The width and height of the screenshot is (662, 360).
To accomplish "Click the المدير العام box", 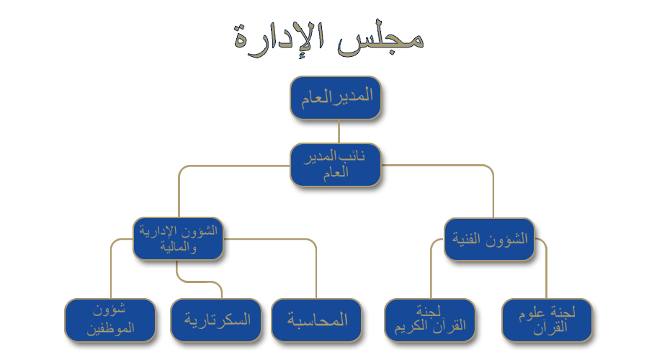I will [335, 97].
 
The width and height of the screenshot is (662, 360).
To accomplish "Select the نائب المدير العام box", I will [335, 165].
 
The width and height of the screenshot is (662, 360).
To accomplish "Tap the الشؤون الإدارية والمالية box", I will [177, 238].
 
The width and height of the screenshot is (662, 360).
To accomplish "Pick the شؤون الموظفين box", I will [110, 320].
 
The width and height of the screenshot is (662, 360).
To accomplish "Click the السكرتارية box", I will [216, 320].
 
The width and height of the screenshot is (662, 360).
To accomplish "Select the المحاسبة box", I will [318, 320].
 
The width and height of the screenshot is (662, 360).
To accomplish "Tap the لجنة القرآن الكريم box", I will [429, 320].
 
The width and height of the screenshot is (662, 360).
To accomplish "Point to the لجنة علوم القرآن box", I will [547, 320].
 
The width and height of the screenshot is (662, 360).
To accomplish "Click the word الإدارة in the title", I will [277, 36].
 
